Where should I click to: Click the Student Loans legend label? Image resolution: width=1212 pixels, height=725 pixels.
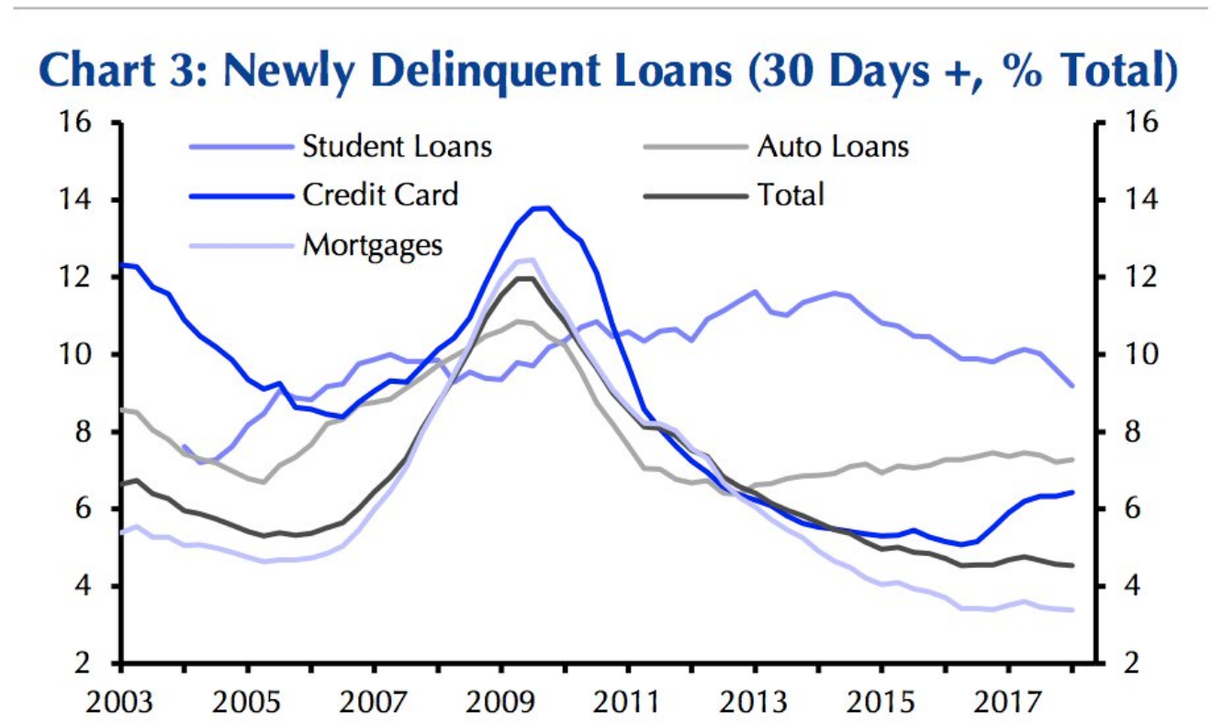click(x=397, y=147)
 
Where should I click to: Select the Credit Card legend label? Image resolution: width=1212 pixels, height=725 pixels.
click(x=379, y=195)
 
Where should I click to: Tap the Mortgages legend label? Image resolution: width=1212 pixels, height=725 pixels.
click(x=372, y=245)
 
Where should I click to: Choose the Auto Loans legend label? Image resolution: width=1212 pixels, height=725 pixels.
click(x=832, y=147)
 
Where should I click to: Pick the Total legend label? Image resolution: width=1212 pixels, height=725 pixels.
click(x=790, y=195)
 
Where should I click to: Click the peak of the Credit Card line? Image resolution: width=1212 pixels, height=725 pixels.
click(x=542, y=208)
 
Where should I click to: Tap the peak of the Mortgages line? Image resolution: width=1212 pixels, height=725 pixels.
click(x=528, y=260)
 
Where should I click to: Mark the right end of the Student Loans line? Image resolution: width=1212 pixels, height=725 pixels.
click(x=1072, y=386)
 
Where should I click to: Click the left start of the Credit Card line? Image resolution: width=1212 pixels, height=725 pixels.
click(x=122, y=264)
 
